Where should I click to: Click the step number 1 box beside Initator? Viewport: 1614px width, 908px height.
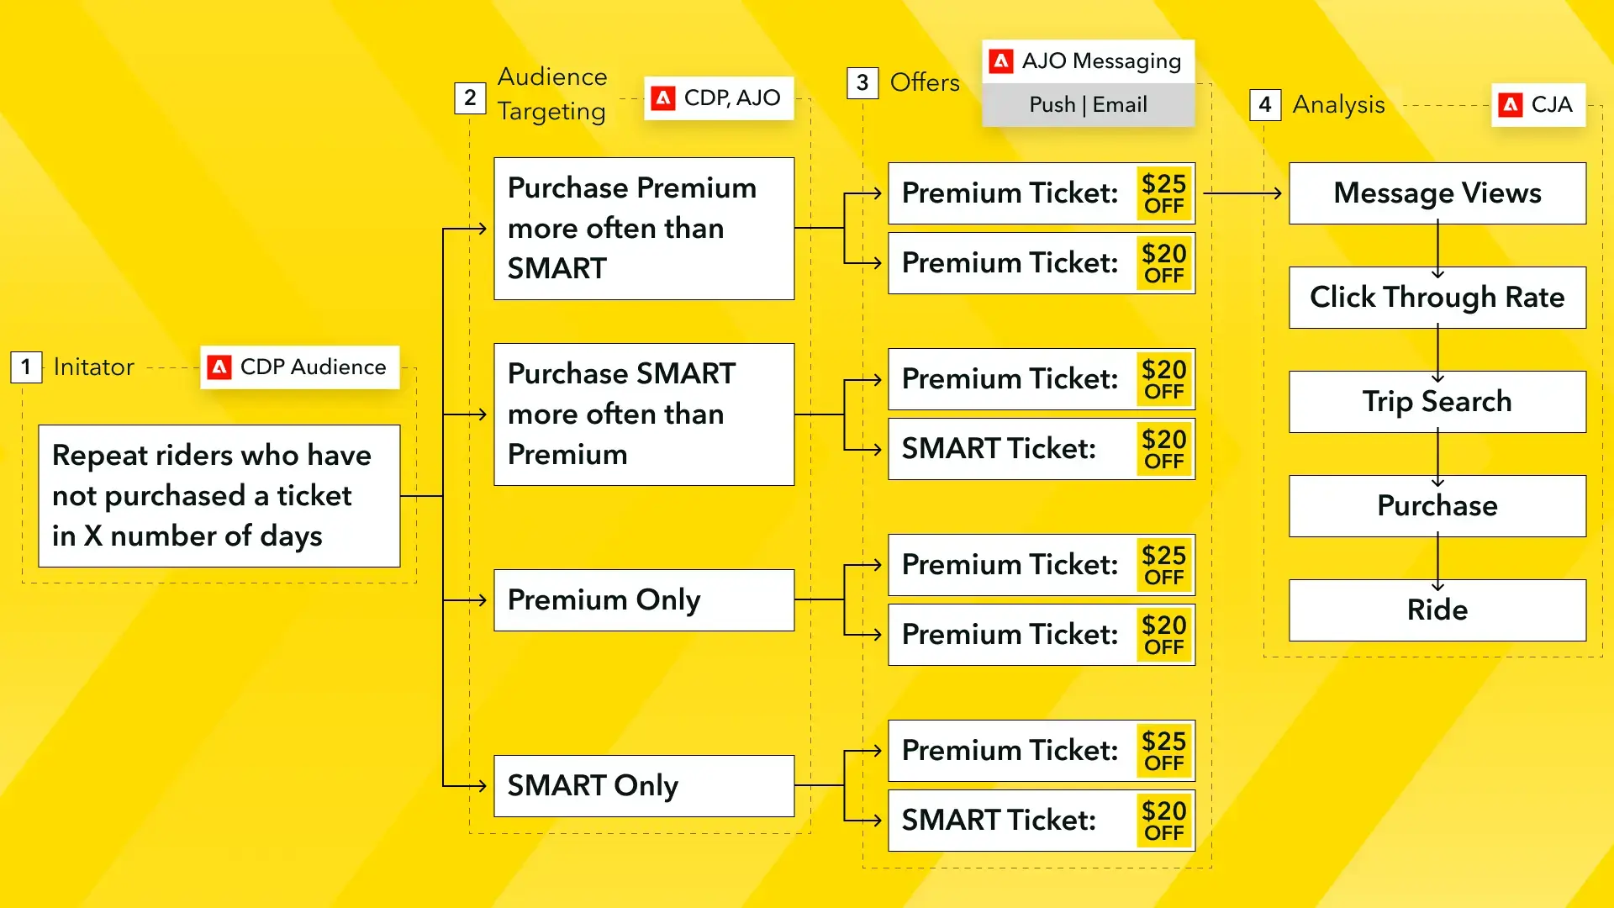[26, 367]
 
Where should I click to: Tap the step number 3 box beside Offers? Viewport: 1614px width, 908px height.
[862, 82]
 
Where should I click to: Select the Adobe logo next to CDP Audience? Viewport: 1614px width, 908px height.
[219, 367]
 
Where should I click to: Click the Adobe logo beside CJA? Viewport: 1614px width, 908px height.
[1511, 104]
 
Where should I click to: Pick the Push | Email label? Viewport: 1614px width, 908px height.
[1088, 104]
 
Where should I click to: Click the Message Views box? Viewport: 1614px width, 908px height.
[1437, 193]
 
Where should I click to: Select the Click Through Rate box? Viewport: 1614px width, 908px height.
[1437, 298]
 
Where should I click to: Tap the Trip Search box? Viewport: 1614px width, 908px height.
[1437, 402]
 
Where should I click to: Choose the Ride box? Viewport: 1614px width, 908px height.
[1437, 610]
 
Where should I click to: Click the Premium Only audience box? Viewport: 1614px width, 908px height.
[644, 600]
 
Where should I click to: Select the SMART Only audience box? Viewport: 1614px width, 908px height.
[644, 786]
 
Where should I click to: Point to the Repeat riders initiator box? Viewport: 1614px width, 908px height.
[219, 496]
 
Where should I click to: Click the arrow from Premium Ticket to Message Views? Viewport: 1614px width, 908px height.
[1242, 193]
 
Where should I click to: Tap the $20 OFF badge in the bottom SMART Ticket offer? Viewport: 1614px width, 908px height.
[1164, 821]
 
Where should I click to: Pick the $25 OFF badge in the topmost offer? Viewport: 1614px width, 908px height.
[1164, 193]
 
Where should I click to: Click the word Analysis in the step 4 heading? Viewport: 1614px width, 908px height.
[1338, 104]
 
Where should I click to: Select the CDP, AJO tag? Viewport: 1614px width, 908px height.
[719, 98]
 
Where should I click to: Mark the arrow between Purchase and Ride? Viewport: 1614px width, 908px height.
[1437, 563]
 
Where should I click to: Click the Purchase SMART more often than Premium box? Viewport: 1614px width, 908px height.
[644, 414]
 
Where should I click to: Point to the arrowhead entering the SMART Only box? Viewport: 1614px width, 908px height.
[482, 786]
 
